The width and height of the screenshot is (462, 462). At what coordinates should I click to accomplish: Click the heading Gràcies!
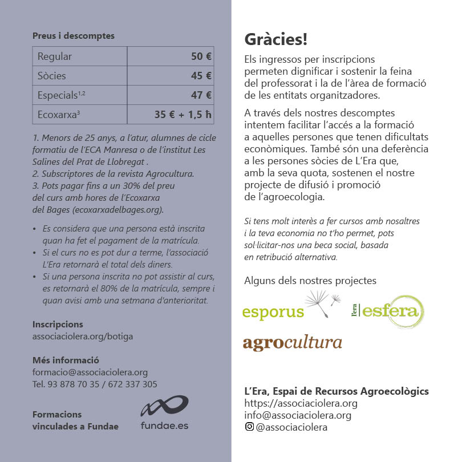coord(276,39)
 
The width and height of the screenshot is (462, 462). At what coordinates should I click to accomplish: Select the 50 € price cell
coord(171,56)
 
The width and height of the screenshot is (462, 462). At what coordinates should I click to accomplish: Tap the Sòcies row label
coord(80,76)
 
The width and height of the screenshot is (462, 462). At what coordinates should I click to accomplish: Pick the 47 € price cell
coord(171,95)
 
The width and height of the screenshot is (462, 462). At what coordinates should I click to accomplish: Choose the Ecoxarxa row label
coord(80,115)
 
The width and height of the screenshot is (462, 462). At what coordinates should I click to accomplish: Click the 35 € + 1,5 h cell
coord(171,115)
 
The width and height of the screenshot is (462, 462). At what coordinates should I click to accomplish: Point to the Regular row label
coord(80,56)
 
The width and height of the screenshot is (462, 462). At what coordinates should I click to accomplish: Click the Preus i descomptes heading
coord(74,36)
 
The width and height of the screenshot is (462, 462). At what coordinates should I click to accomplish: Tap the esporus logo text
coord(273,313)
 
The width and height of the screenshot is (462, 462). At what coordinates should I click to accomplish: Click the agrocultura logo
coord(292,343)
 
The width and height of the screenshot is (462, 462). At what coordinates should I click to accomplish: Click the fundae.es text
coord(164,425)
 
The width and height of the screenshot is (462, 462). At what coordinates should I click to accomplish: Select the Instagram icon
coord(249,427)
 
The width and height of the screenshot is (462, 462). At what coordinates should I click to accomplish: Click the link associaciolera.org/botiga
coord(83,337)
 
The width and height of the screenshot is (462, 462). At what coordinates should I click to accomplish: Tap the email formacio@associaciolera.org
coord(90,372)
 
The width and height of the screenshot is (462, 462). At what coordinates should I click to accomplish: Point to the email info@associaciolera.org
coord(298,415)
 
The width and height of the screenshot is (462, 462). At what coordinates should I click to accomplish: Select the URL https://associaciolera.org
coord(301,403)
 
